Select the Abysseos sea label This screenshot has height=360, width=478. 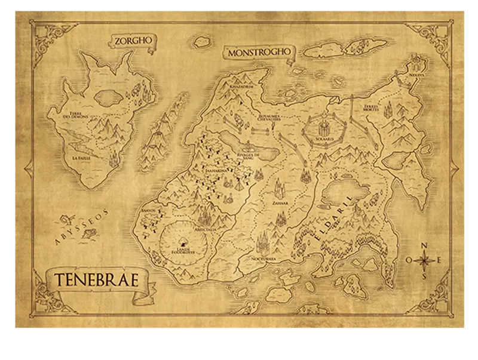(x=85, y=227)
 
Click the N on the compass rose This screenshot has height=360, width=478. (x=424, y=245)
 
